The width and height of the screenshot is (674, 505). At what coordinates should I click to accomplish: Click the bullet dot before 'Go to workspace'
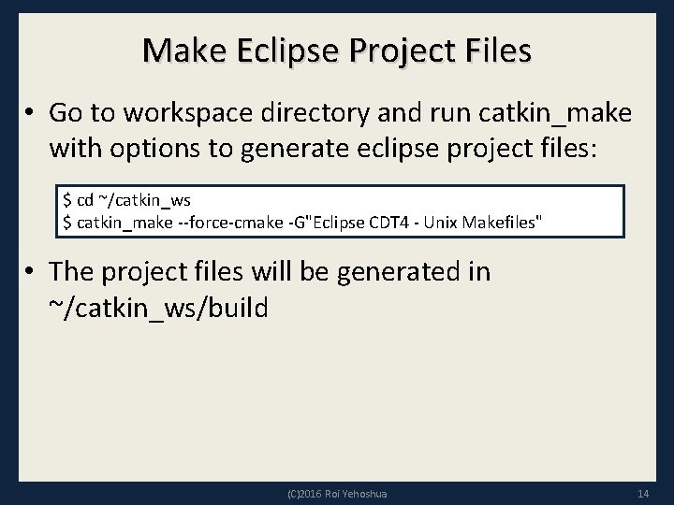pos(30,113)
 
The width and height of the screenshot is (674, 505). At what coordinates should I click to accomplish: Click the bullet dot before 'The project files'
pos(30,272)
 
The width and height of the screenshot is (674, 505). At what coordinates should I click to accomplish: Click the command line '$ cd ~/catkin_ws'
pos(126,201)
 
